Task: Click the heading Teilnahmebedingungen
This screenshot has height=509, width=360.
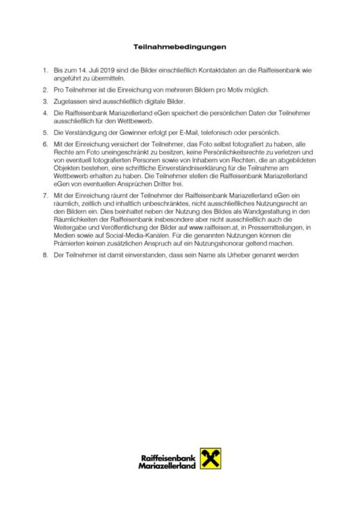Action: (180, 48)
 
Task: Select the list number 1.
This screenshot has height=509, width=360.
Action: (45, 71)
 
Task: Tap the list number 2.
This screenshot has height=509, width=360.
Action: (45, 91)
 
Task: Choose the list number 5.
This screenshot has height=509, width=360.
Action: (45, 132)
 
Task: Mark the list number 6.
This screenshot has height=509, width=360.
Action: (45, 143)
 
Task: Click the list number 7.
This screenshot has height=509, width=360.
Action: (45, 197)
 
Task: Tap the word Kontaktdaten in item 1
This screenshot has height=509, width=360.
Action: (192, 71)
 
